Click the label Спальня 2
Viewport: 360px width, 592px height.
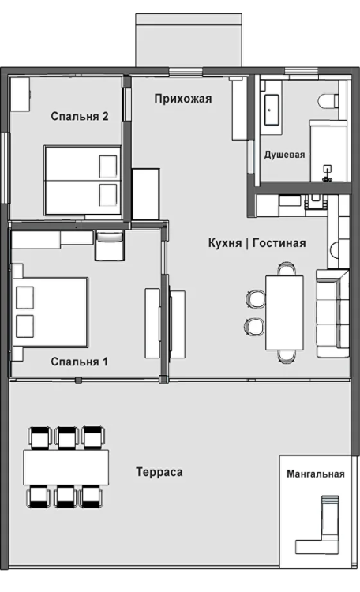point(80,116)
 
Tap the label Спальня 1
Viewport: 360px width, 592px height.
point(79,362)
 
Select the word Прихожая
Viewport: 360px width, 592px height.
point(183,99)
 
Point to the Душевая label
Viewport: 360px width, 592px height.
point(284,155)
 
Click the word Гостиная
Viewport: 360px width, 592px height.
point(279,243)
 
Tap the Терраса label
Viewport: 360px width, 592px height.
point(159,472)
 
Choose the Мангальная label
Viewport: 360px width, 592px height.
point(316,474)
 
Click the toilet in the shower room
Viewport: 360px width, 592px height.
point(328,101)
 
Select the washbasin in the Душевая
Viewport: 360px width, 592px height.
point(272,110)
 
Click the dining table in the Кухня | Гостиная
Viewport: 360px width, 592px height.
point(284,313)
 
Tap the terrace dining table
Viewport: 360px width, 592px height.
point(66,467)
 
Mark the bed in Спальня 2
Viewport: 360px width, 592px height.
point(82,181)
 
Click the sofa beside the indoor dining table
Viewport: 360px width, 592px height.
point(332,313)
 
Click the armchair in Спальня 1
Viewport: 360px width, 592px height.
point(110,245)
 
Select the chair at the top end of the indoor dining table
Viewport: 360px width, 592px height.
point(286,269)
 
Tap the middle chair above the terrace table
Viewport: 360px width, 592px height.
point(66,437)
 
